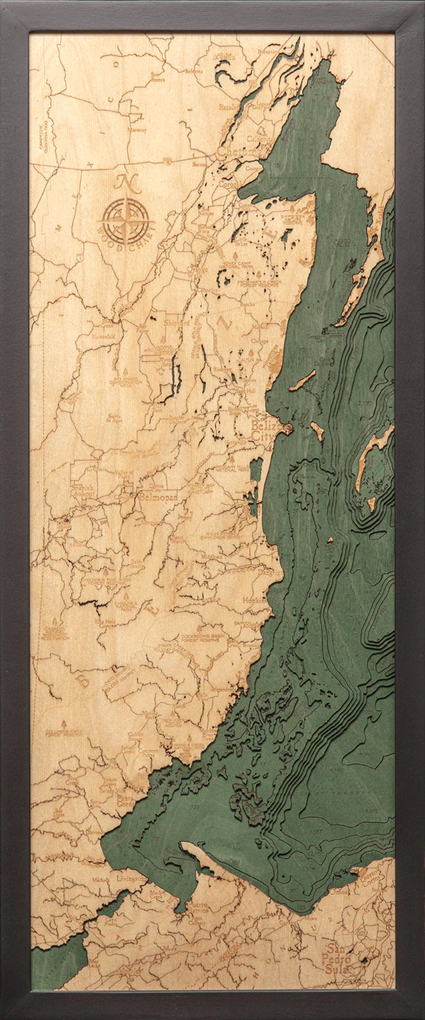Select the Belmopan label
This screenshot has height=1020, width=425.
[155, 496]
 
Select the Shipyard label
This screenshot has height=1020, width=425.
[177, 323]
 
